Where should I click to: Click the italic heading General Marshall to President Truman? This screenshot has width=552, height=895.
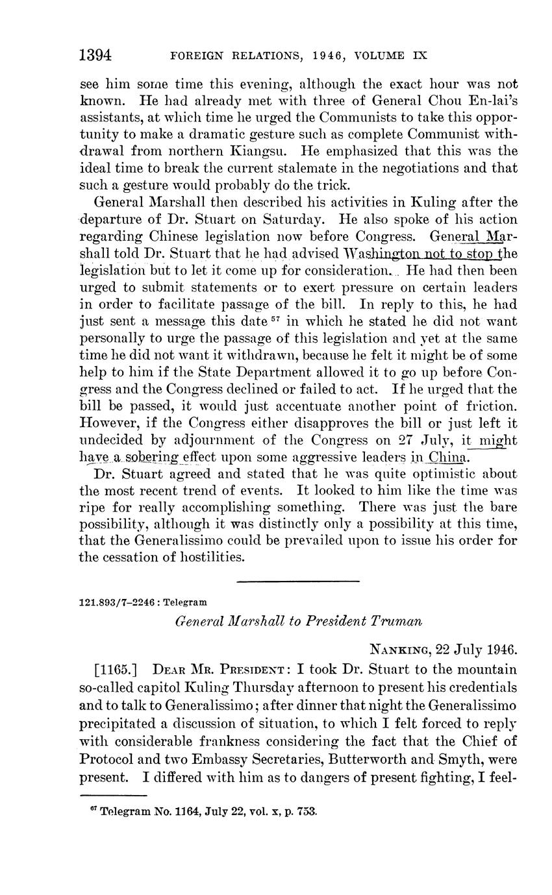(299, 621)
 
